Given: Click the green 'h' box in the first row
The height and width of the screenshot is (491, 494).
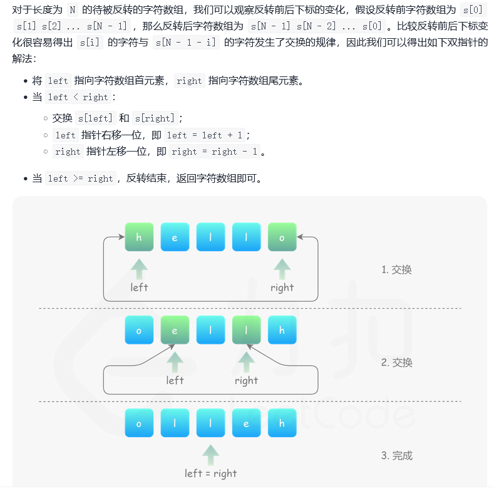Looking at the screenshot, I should click(139, 237).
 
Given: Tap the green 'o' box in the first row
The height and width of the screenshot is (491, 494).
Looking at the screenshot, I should click(282, 237).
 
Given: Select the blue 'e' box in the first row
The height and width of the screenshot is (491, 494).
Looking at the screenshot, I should click(175, 237).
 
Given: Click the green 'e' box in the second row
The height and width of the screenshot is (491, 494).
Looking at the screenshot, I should click(175, 330).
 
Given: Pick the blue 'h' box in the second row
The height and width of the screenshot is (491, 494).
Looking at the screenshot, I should click(282, 330).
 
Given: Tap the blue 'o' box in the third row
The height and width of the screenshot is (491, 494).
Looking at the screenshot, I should click(139, 423).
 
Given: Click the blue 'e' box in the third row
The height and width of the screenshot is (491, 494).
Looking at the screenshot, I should click(246, 423).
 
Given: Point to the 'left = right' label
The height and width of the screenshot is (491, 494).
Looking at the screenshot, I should click(210, 473).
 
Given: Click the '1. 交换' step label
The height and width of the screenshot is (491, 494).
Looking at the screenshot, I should click(396, 269).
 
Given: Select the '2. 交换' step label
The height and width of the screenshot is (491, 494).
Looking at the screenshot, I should click(396, 363).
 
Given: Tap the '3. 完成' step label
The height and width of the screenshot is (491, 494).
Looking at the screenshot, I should click(396, 455).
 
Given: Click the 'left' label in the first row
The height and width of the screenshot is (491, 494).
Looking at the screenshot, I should click(139, 287).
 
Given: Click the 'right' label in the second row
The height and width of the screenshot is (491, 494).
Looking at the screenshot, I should click(246, 380).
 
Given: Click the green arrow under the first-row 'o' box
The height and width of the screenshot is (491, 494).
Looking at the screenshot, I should click(282, 269).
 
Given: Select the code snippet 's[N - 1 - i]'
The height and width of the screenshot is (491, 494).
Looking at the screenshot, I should click(186, 43).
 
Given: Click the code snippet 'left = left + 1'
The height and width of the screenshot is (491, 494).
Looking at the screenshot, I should click(208, 135).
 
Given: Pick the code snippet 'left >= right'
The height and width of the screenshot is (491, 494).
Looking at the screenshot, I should click(81, 178).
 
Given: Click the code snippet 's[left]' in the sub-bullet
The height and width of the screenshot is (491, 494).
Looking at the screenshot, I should click(96, 118).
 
